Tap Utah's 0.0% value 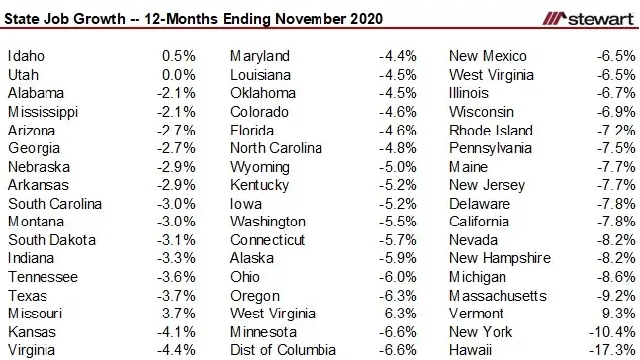pos(179,75)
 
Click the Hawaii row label pos(472,349)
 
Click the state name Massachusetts pos(498,295)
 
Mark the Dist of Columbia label pos(283,349)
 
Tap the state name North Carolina pos(276,148)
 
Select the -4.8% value pos(398,148)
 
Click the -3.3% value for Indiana pos(177,258)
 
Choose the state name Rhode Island pos(491,130)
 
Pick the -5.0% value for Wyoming pos(398,166)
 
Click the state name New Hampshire pos(499,258)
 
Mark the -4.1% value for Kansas pos(177,331)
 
